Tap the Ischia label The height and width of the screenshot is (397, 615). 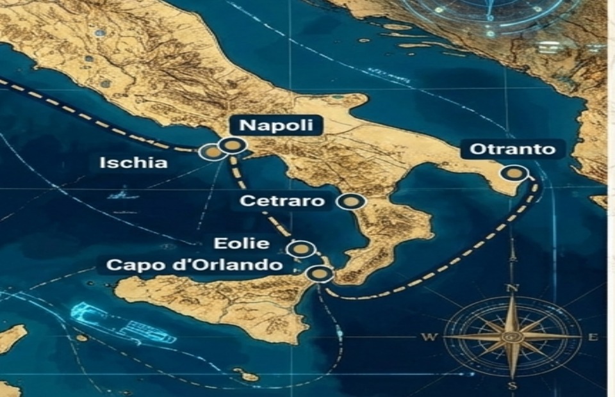click(133, 163)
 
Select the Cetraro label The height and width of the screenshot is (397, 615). click(282, 201)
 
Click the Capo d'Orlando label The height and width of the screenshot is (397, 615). click(195, 264)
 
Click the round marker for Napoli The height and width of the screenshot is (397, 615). click(232, 146)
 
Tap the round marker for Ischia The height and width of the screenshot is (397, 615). click(210, 152)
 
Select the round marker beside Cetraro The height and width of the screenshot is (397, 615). click(350, 202)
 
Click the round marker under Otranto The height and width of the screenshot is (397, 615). click(514, 173)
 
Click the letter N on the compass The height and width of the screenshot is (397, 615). click(512, 288)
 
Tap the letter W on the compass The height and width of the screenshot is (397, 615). click(429, 337)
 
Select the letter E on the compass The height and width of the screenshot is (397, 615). click(593, 337)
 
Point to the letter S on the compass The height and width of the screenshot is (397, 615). click(512, 386)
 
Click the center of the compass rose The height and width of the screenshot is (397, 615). click(511, 336)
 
